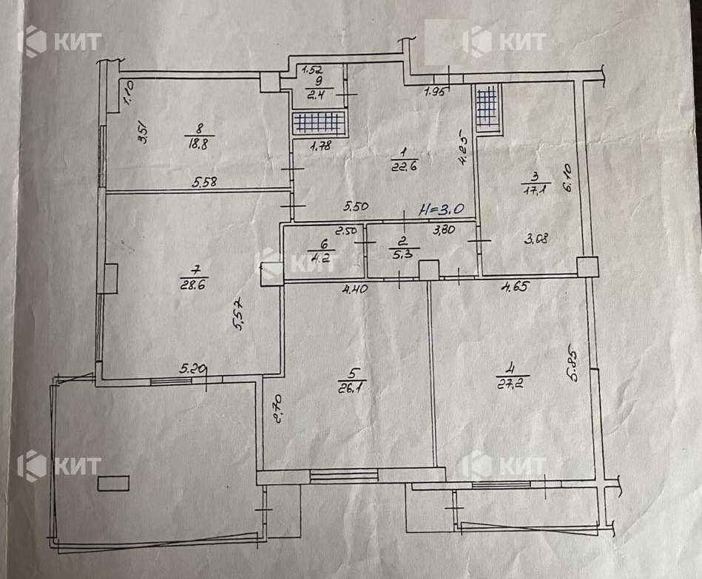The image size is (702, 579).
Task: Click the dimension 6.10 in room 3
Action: point(567,178)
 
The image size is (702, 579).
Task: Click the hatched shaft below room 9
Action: point(319,123)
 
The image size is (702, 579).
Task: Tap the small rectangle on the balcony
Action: point(113,484)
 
